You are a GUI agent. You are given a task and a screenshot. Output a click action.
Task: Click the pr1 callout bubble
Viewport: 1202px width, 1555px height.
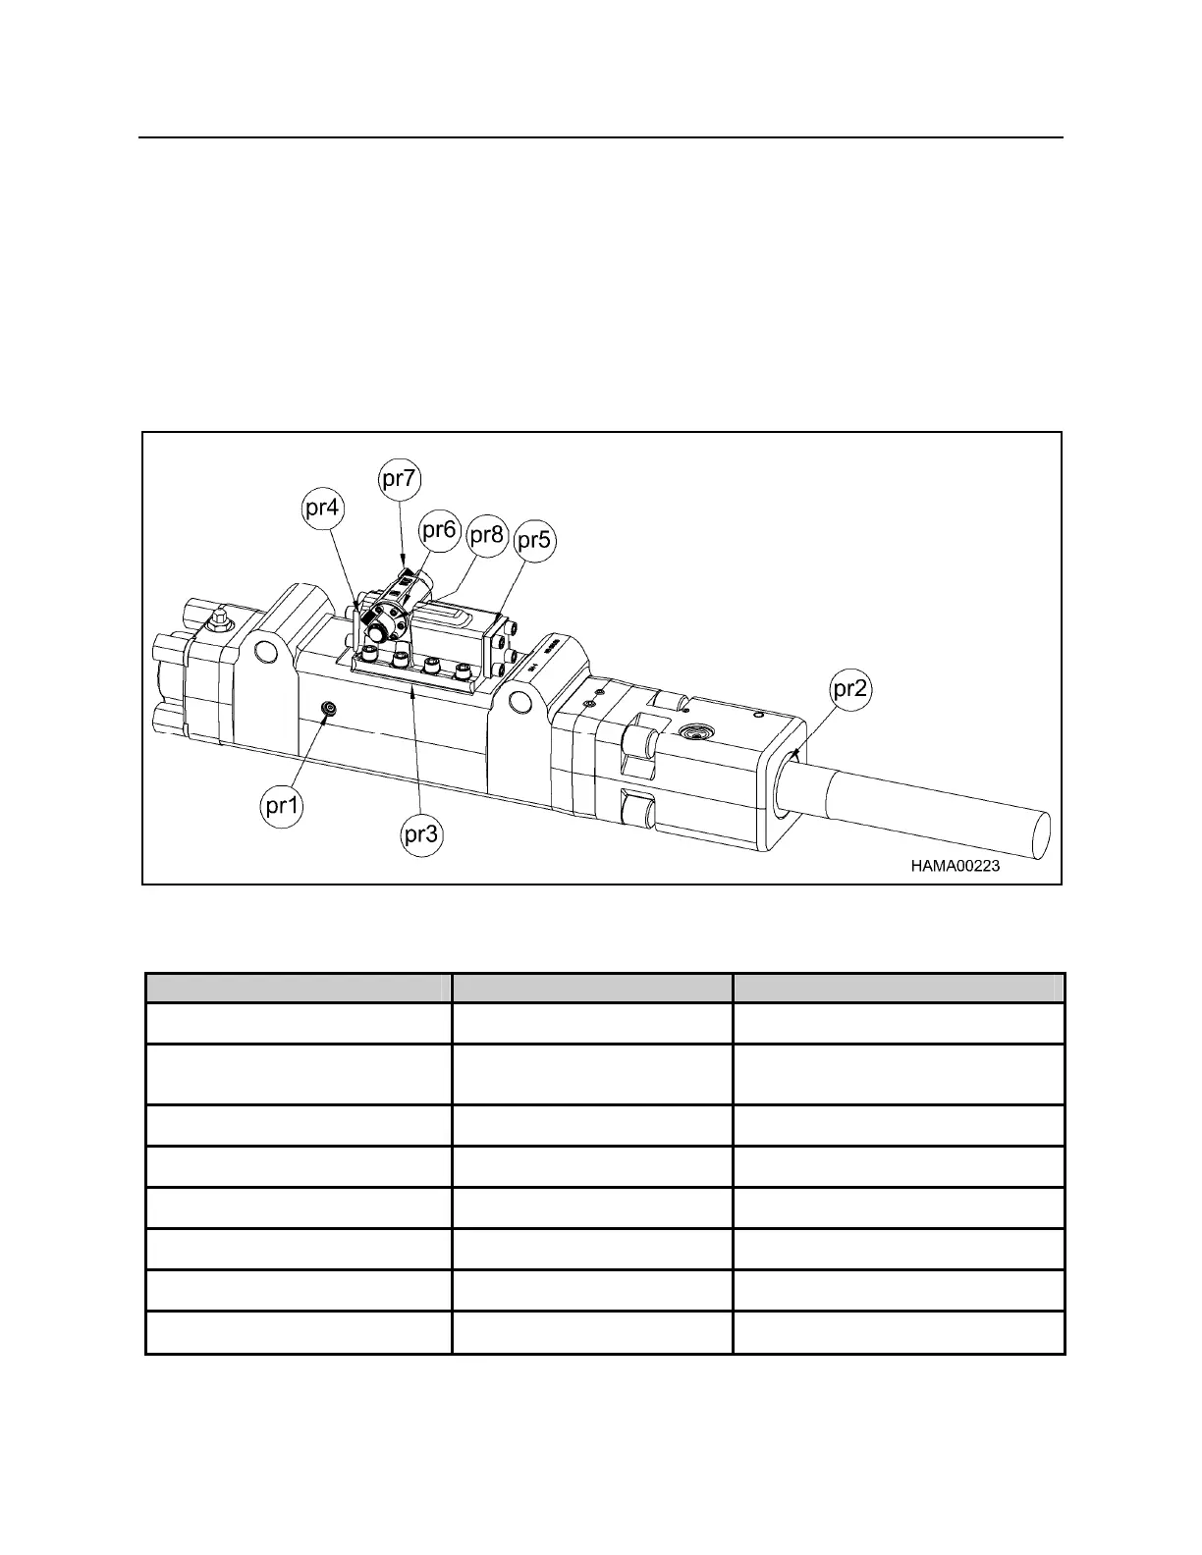(x=283, y=806)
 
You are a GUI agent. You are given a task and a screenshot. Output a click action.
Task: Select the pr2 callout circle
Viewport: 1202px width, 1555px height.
(x=850, y=690)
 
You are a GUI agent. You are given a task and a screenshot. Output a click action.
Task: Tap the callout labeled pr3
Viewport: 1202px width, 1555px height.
(x=422, y=834)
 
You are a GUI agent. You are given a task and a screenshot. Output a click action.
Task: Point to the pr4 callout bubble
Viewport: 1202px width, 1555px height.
(x=322, y=509)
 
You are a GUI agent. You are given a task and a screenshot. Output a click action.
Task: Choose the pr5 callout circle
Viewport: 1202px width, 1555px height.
(x=534, y=540)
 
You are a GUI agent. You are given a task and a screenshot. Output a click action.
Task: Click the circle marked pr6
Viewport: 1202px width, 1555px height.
(x=439, y=530)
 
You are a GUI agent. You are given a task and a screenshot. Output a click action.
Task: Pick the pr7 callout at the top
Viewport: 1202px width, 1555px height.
(x=400, y=479)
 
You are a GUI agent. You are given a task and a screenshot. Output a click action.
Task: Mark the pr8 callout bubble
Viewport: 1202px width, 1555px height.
(x=487, y=535)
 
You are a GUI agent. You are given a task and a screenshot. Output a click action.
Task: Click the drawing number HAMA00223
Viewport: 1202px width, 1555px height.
(x=955, y=866)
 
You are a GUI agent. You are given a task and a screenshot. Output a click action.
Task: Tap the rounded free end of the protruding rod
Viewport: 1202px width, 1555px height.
(x=1037, y=834)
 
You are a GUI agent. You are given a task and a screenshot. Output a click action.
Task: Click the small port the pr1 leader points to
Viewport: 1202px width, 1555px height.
(x=329, y=710)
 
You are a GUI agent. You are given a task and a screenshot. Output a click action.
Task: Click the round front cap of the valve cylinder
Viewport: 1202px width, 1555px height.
(x=385, y=622)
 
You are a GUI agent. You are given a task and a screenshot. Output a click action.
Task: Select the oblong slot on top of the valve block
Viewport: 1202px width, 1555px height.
(x=444, y=614)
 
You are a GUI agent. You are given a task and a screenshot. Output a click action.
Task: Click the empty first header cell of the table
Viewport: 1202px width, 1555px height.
(x=298, y=987)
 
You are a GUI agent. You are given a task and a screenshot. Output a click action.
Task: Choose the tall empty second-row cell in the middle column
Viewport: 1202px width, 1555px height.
(x=591, y=1074)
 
